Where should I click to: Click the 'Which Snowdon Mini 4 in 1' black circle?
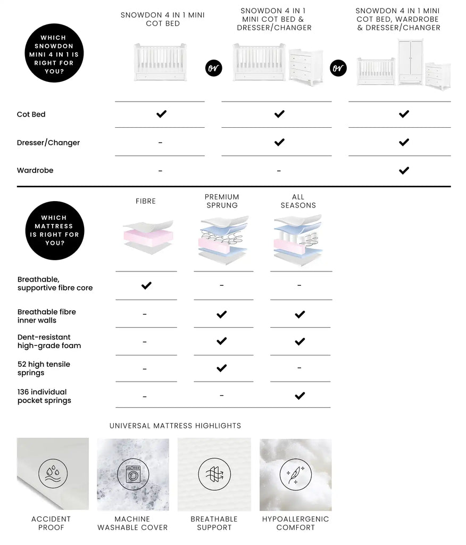click(54, 53)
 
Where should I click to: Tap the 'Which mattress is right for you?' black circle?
click(55, 230)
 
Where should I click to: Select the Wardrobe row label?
click(35, 170)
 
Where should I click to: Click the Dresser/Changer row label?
click(48, 143)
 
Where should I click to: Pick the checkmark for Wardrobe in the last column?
click(404, 170)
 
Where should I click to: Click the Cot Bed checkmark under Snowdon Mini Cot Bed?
click(161, 114)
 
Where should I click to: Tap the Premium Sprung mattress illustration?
click(222, 240)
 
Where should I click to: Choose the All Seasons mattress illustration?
click(298, 240)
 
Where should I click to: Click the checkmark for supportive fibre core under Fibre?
click(146, 286)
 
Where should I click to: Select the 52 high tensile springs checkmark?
click(222, 368)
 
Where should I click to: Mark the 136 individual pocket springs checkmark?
click(299, 395)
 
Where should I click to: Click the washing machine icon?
click(133, 474)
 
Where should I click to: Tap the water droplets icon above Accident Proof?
click(53, 474)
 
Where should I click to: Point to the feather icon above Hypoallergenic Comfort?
click(295, 474)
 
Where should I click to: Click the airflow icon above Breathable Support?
click(214, 474)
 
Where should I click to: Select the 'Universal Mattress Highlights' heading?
click(175, 426)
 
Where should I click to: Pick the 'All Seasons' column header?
click(298, 201)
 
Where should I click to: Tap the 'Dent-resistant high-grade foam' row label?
click(49, 341)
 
